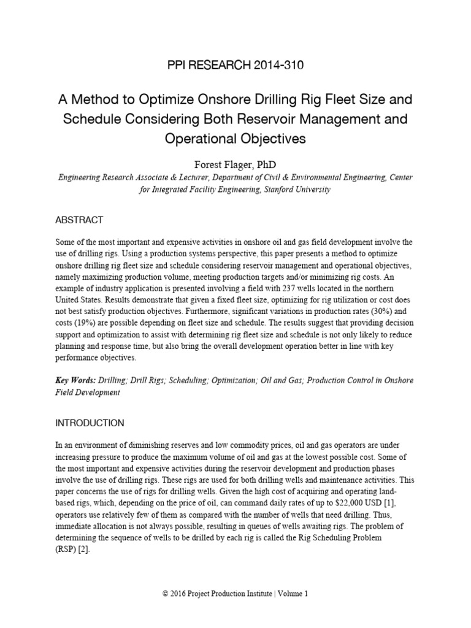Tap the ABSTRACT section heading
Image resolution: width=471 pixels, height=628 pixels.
[79, 220]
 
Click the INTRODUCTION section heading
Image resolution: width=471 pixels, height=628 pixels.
[90, 423]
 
